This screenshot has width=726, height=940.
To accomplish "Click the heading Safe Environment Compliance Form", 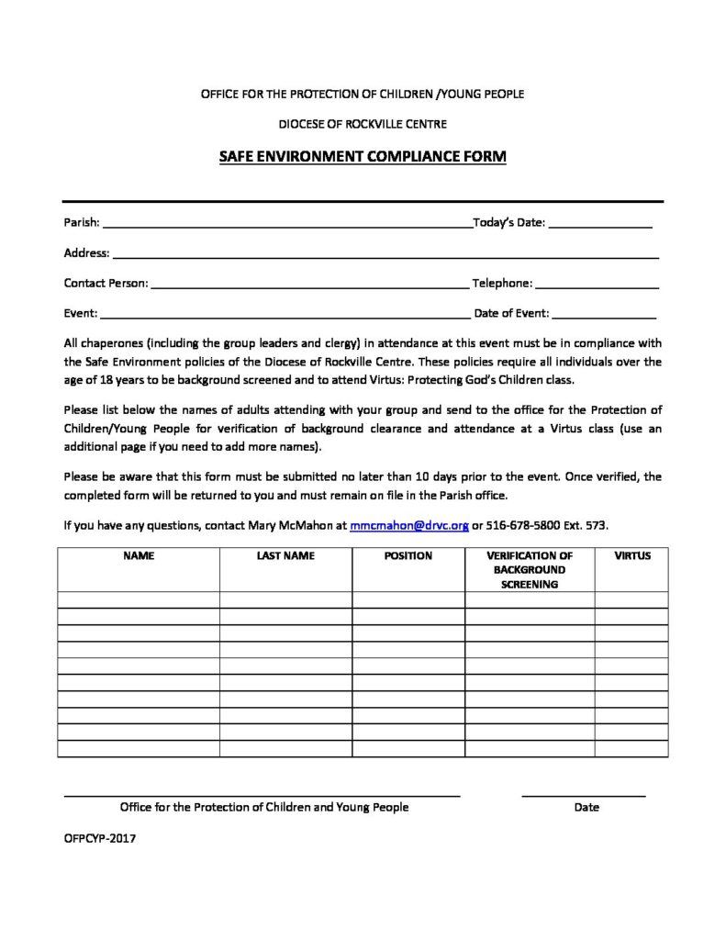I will click(363, 157).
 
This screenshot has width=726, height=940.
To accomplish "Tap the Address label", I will click(86, 252).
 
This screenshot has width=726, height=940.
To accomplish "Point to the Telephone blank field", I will click(597, 285).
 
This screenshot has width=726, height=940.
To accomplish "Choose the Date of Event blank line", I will click(605, 314).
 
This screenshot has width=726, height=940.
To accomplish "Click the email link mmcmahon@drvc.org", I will click(409, 526).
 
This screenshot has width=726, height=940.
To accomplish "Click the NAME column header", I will click(139, 556).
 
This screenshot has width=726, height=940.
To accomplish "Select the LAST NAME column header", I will click(285, 556).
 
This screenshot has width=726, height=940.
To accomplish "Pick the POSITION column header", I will click(408, 556).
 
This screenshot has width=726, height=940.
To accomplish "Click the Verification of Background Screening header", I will click(530, 569).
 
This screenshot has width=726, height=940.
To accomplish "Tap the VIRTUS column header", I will click(631, 556).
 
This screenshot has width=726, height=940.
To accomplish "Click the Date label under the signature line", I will click(586, 807).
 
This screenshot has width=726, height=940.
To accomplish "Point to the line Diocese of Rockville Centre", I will click(363, 123).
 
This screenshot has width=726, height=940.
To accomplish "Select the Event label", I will click(80, 313).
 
